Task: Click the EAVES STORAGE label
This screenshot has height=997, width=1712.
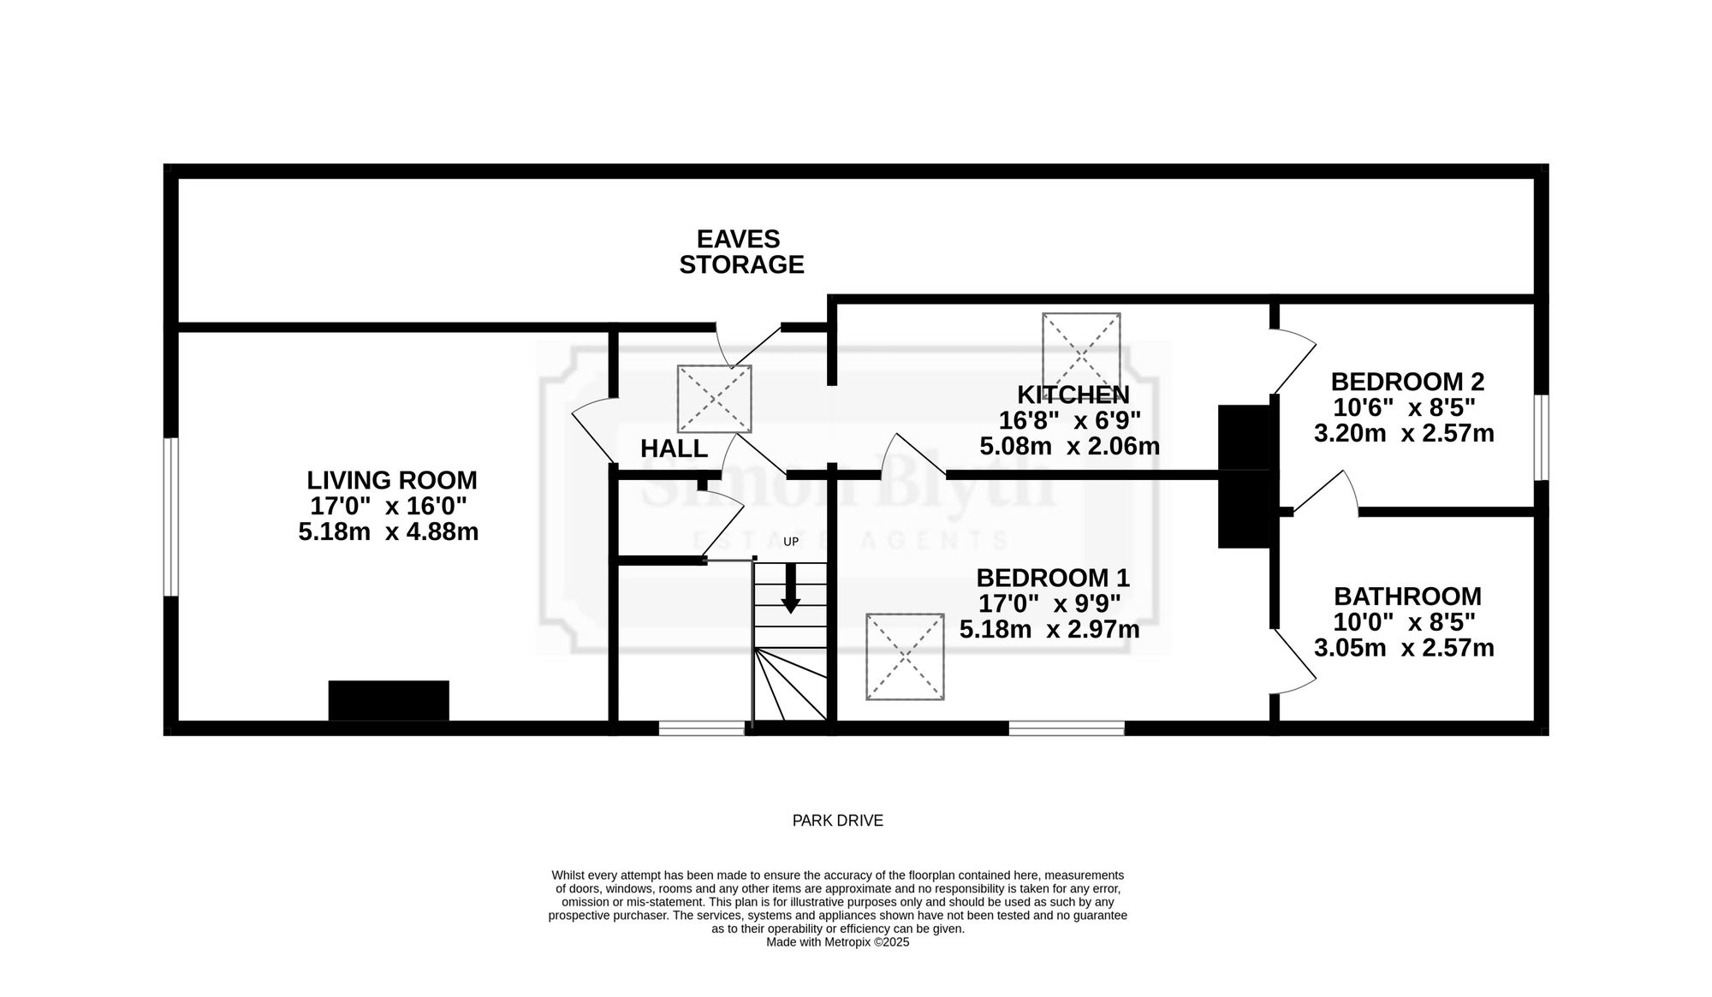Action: coord(741,252)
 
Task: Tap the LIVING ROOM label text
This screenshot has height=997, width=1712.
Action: coord(392,480)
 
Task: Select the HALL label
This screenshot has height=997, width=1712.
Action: coord(674,448)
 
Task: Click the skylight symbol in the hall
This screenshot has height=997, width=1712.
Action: coord(714,399)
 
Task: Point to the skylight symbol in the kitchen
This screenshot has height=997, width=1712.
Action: coord(1081,351)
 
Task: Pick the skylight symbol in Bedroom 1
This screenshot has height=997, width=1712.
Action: coord(905,656)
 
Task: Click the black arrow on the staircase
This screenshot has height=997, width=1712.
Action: coord(791,588)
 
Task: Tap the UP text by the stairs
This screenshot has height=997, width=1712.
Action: coord(791,542)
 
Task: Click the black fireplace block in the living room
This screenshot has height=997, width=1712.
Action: coord(389,701)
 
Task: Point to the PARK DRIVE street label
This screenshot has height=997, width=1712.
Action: coord(837,821)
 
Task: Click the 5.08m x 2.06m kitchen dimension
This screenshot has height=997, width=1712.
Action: coord(1069,446)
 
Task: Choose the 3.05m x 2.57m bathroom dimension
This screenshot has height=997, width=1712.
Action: coord(1404,648)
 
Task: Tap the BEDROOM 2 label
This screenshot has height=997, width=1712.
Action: coord(1407,382)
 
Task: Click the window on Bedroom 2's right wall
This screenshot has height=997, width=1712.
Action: coord(1541,437)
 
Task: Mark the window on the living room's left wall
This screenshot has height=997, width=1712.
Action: coord(171,516)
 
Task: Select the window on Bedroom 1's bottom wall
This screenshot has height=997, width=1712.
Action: coord(1067,728)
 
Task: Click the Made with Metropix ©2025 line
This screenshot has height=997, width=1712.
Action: coord(837,942)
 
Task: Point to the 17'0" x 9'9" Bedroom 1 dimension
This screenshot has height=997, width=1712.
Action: coord(1049,603)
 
